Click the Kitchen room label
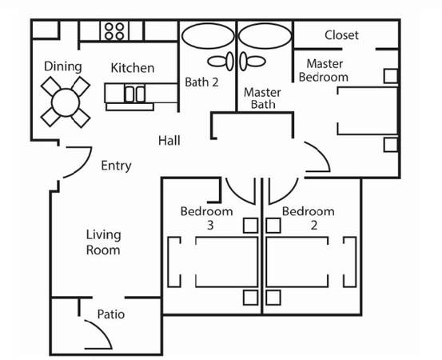coord(133,68)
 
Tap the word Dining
coord(63,67)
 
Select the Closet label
coord(341,35)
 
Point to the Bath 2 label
coord(201,82)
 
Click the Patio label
coord(111,314)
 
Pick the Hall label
coord(169,141)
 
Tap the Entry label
coord(116,166)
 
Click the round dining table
coord(66,102)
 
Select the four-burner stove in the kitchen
coord(114,31)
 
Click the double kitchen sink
coord(135,94)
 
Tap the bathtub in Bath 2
coord(208,36)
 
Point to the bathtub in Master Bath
coord(265,36)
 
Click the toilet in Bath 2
coord(221,62)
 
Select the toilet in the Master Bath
coord(253,62)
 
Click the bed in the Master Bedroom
coord(368,111)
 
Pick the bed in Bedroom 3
coord(227,262)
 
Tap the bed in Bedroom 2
coord(297,262)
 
